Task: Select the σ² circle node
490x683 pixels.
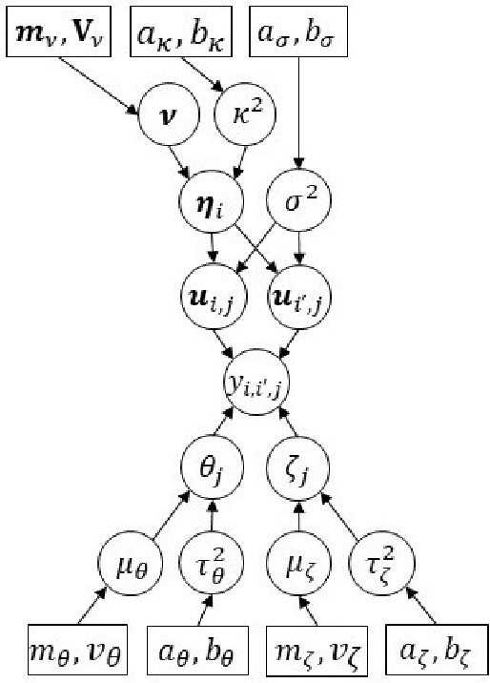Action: click(x=298, y=203)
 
